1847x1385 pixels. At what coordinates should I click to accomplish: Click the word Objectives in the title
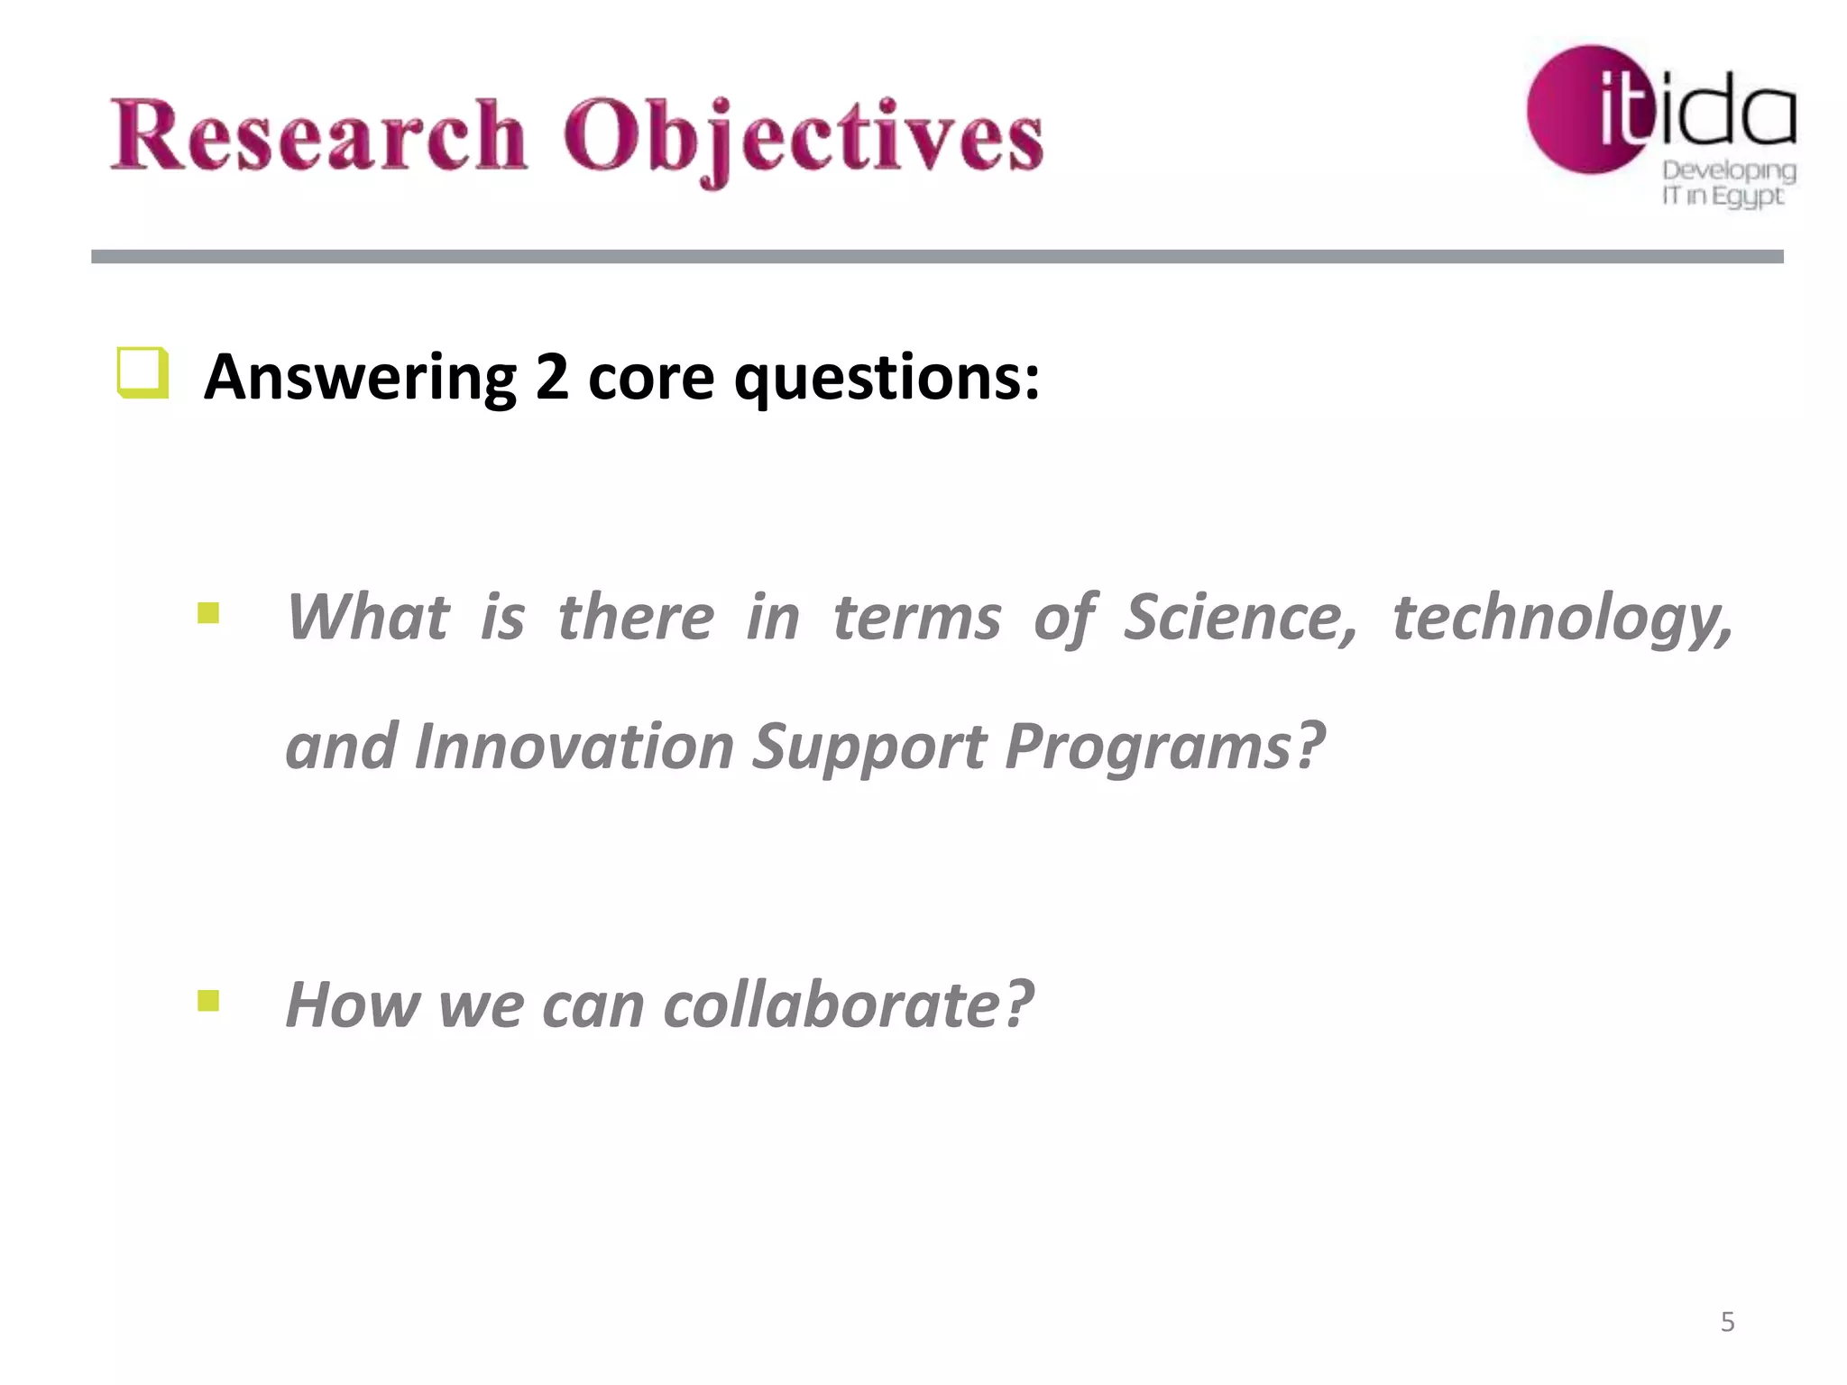point(803,137)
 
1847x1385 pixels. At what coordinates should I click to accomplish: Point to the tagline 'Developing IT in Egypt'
point(1728,183)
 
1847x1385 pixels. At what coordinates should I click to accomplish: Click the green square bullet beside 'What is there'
point(208,614)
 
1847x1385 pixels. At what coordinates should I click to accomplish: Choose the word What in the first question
point(367,618)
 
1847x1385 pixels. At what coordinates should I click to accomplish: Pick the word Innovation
point(574,747)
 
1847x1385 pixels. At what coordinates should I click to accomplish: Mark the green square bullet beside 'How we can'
point(208,1001)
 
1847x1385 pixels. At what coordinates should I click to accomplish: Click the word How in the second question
point(351,1004)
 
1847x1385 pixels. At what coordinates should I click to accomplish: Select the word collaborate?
point(848,1004)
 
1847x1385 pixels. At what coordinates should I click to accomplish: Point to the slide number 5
point(1727,1322)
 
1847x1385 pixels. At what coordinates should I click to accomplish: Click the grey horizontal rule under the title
point(937,257)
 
